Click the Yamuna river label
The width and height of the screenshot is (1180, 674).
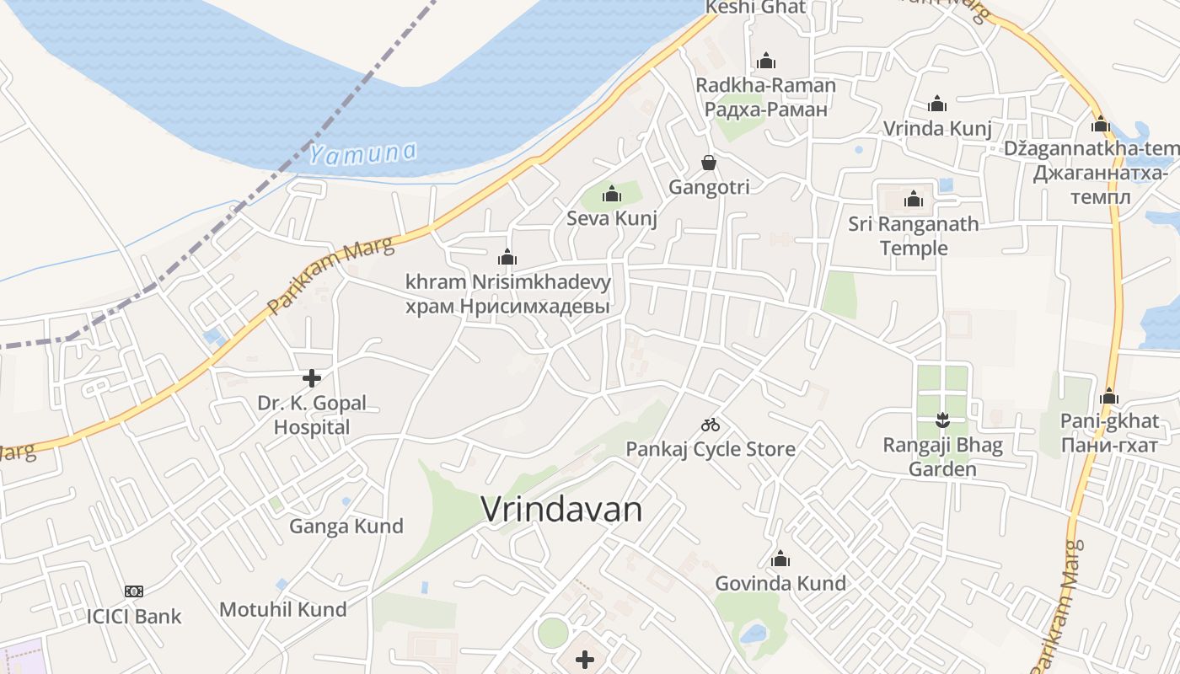(362, 153)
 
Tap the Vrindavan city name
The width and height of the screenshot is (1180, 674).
(561, 509)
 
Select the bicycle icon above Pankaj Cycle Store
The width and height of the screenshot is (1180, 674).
(711, 425)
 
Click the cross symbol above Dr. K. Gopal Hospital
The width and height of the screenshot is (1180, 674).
(312, 377)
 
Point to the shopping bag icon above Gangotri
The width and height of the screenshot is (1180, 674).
(709, 163)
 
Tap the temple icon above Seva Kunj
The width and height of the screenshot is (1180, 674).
(612, 195)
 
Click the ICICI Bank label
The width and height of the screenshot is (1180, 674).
(134, 616)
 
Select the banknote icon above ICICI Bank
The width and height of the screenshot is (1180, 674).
(134, 591)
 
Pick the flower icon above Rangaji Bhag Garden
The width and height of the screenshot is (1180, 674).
(942, 419)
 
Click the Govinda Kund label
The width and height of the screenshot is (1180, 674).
(780, 583)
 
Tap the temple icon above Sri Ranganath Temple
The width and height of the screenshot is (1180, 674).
(914, 200)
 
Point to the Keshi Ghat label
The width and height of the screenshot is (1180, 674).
(755, 8)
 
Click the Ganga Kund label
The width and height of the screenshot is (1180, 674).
(346, 527)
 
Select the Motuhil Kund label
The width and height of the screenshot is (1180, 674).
(283, 609)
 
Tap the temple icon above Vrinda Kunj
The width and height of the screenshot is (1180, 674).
(937, 104)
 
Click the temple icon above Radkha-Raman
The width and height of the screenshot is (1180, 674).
(766, 61)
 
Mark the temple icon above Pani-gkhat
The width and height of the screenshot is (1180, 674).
(1109, 396)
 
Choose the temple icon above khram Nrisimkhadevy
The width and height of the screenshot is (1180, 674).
(507, 257)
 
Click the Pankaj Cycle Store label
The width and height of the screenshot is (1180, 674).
(711, 449)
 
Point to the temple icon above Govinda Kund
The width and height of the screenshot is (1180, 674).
(780, 559)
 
